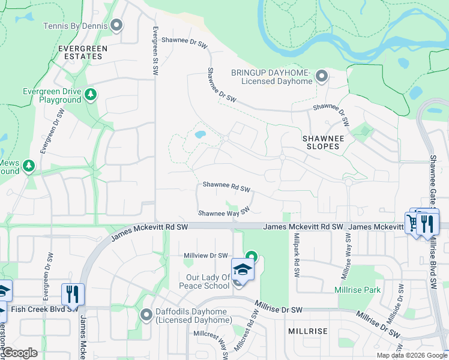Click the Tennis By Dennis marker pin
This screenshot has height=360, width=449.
[116, 25]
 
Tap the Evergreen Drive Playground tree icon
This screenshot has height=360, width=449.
[90, 94]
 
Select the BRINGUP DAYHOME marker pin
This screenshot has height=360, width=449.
[322, 76]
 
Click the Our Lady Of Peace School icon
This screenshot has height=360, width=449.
[242, 269]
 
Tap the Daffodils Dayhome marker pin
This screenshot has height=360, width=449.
[146, 314]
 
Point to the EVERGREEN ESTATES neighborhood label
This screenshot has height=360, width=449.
[83, 52]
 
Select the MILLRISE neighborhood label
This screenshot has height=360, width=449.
[307, 331]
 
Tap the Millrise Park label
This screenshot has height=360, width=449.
[357, 290]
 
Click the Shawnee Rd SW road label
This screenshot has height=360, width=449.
[226, 187]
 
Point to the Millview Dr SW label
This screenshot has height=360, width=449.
[206, 256]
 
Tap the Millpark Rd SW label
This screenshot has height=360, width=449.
[296, 255]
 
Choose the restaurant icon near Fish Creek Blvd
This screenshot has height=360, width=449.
[73, 294]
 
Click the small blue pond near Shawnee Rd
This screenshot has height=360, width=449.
[200, 134]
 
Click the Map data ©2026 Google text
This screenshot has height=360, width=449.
[411, 355]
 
